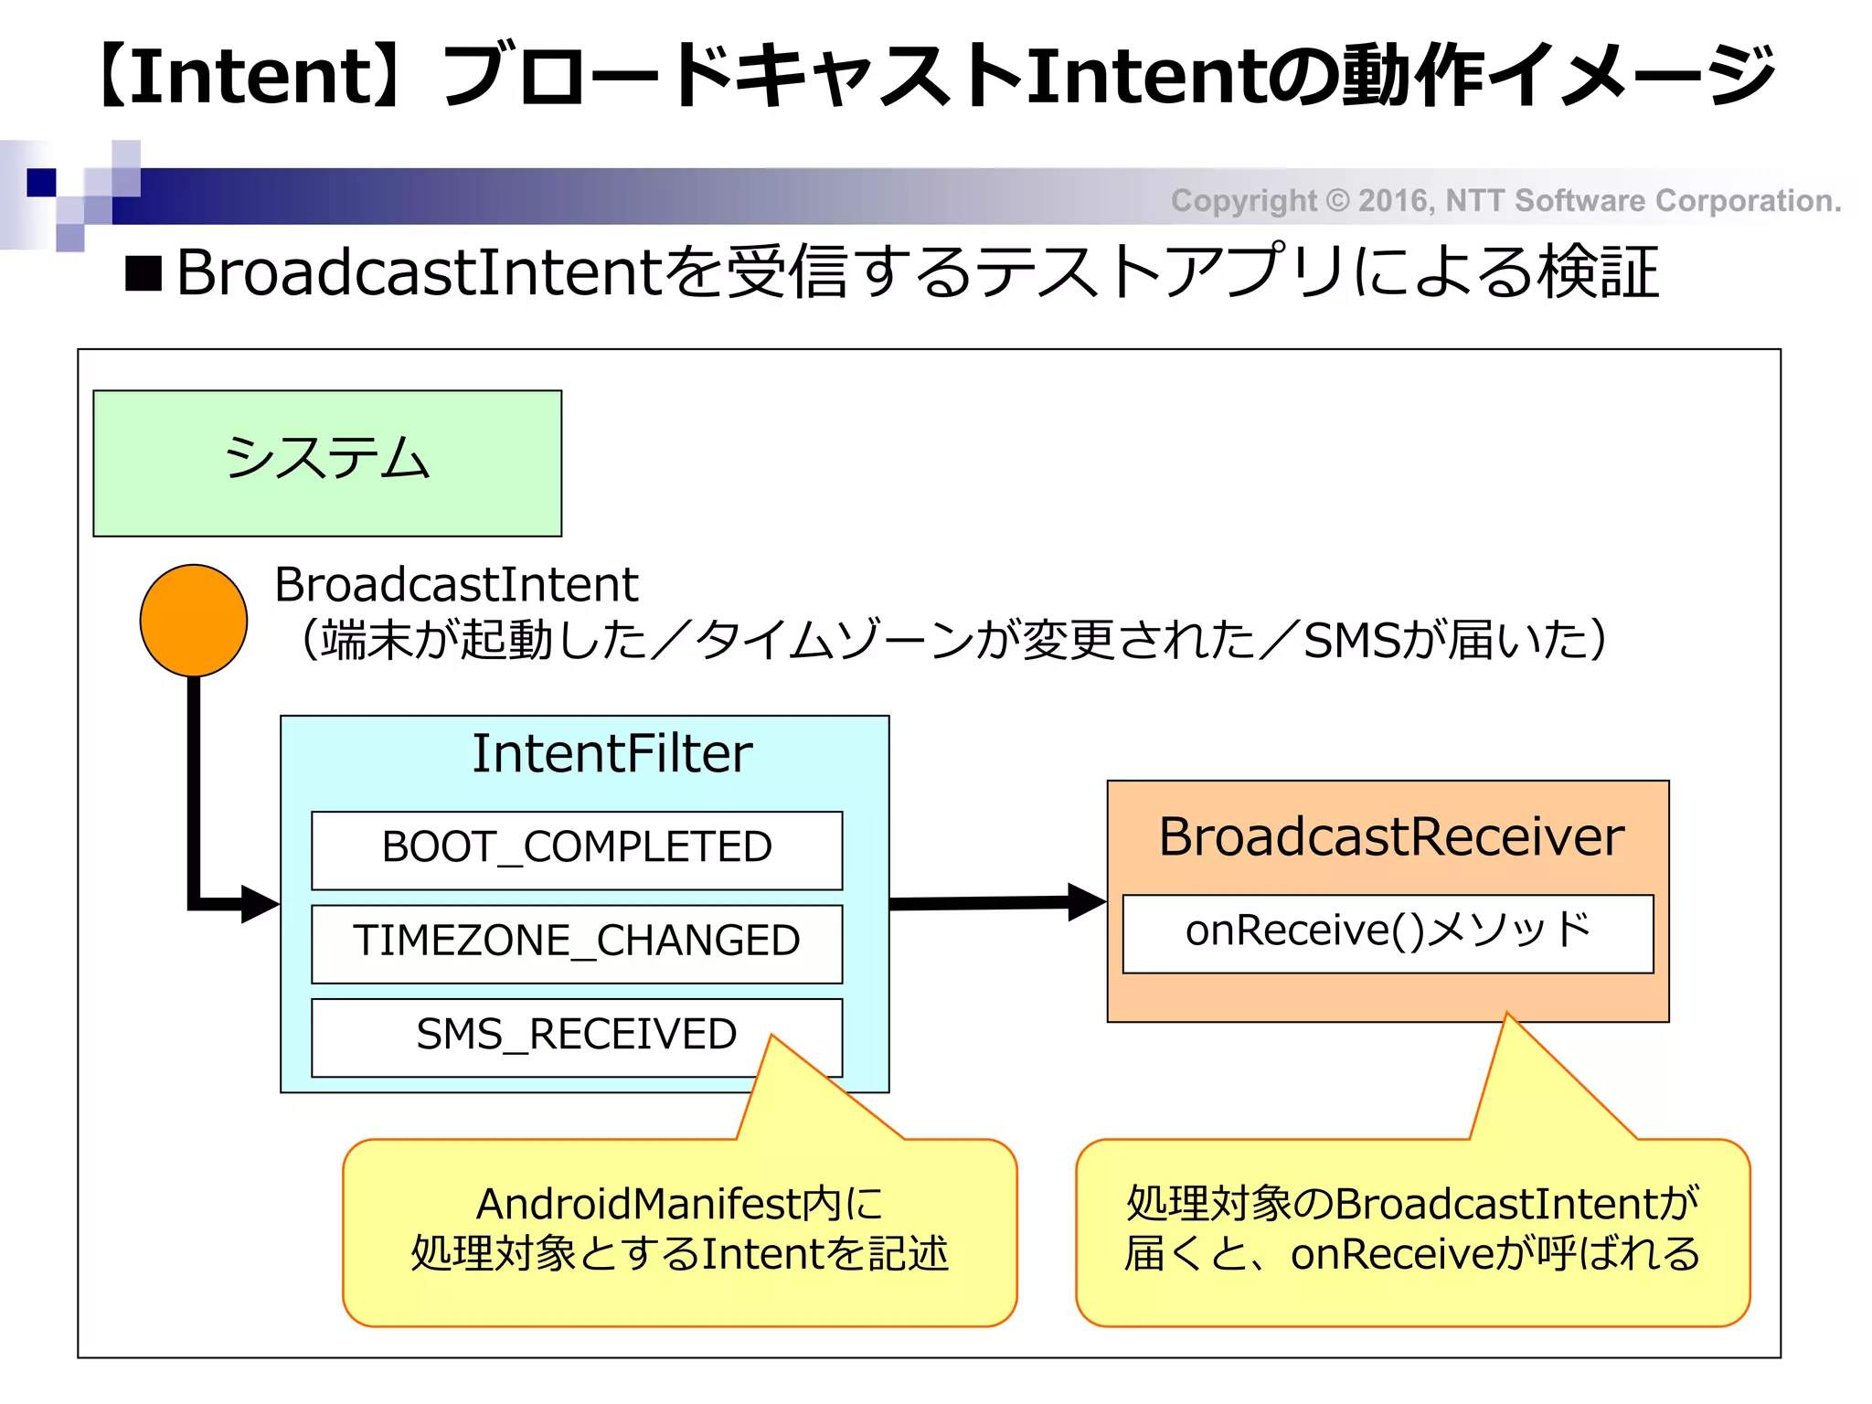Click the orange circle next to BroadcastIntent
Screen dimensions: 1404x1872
[193, 620]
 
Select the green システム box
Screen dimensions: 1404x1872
[327, 463]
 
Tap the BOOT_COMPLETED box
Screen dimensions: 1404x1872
[576, 848]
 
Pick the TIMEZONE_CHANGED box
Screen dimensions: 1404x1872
[576, 942]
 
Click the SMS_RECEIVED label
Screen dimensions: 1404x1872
[576, 1035]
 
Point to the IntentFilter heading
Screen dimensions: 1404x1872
[612, 754]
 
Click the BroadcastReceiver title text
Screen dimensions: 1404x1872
[1390, 836]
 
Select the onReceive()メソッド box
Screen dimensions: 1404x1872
[1388, 932]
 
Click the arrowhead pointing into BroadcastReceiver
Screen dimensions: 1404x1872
[1087, 902]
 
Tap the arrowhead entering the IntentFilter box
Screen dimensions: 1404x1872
[260, 904]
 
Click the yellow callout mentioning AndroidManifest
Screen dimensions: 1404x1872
[679, 1230]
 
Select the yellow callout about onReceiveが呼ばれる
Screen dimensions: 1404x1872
[1412, 1230]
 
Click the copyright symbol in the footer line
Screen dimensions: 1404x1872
[1336, 200]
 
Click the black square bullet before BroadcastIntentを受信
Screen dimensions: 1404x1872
[144, 273]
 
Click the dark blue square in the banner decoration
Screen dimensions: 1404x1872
[41, 182]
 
